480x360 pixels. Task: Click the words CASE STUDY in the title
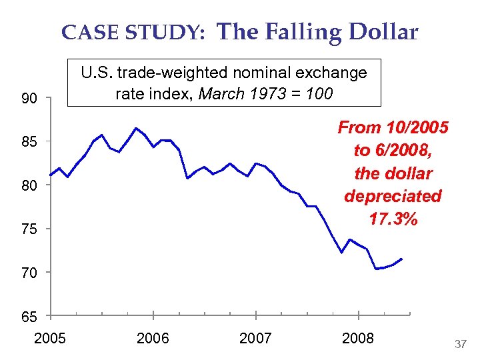click(133, 33)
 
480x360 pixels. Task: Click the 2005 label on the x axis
click(50, 339)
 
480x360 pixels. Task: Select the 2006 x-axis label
click(153, 339)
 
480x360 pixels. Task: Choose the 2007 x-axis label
click(255, 339)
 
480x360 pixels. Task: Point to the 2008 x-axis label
click(358, 339)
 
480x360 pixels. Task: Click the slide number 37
click(460, 344)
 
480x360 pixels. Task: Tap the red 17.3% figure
click(393, 219)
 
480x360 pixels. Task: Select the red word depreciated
click(393, 196)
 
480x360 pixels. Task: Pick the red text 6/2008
click(399, 150)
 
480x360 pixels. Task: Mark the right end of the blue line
click(401, 259)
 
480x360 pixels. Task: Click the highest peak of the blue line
click(136, 128)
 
